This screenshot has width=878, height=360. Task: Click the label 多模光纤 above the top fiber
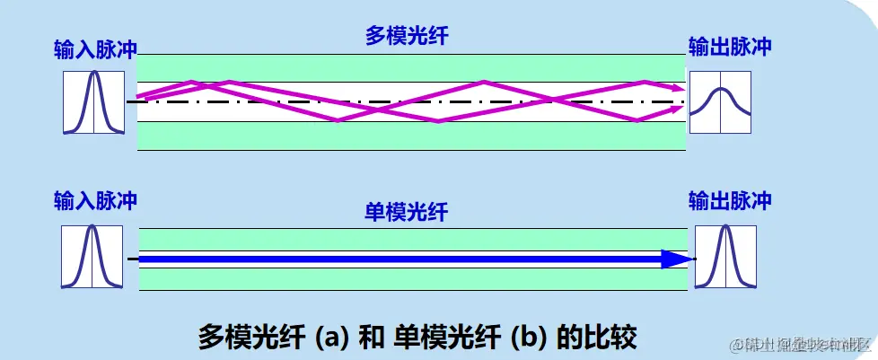407,37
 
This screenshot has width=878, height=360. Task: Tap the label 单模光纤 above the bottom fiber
407,212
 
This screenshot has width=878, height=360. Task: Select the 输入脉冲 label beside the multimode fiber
94,50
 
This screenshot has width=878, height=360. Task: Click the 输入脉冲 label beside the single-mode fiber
94,200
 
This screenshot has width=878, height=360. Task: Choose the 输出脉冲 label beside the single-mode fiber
729,200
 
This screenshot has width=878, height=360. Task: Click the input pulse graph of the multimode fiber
94,103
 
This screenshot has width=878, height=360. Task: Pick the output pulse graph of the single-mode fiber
724,257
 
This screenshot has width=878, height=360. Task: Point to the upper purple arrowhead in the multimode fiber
674,88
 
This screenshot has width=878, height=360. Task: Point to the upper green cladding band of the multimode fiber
410,68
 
